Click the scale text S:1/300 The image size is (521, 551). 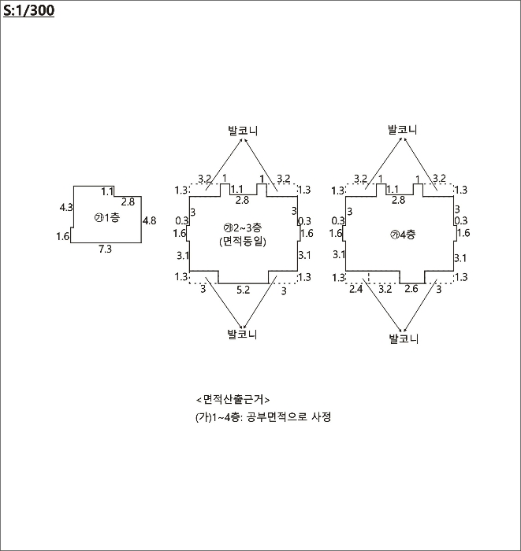coord(29,11)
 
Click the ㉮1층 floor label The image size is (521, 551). coord(106,216)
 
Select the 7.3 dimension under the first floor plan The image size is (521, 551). coord(104,249)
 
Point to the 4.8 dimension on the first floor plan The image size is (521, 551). coord(149,220)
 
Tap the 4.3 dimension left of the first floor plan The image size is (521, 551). coord(66,207)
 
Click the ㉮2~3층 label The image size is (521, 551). coord(243,229)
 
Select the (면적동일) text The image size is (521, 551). coord(244,242)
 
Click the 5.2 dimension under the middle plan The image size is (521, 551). coord(244,290)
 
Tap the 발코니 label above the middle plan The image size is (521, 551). coord(243,129)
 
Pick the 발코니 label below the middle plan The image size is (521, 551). coord(243,334)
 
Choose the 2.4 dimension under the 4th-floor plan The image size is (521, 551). coord(355,290)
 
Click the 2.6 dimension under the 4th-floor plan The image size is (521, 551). coord(411,290)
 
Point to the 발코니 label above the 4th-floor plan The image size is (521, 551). coord(403,129)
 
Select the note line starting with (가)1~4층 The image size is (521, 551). coord(263,417)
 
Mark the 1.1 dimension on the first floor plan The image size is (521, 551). coord(108,191)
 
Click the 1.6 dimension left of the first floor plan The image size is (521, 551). coord(63,236)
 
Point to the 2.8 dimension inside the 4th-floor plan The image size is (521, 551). coord(398,201)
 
